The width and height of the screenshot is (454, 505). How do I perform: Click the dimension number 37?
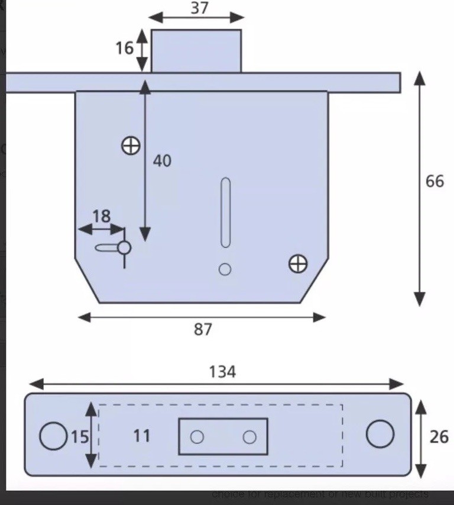click(x=200, y=8)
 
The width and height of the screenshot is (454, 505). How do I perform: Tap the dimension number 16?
click(x=125, y=47)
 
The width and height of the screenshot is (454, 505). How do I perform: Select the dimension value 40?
click(x=162, y=160)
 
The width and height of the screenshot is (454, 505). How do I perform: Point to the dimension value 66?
click(x=434, y=181)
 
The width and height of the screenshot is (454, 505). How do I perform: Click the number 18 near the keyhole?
click(x=101, y=216)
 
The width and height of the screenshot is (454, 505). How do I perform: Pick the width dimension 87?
click(x=203, y=329)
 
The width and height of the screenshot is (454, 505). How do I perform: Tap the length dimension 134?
click(x=222, y=372)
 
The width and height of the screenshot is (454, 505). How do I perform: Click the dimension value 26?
click(x=439, y=437)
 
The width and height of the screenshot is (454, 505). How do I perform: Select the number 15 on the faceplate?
click(x=80, y=437)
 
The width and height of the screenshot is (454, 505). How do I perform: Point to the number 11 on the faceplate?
click(x=141, y=436)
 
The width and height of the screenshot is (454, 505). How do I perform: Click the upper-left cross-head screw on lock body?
click(x=130, y=145)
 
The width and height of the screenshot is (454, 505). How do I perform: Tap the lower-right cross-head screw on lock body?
click(x=298, y=263)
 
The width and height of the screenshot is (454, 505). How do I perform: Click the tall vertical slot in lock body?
click(x=225, y=212)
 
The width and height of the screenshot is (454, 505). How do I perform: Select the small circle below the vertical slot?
click(x=225, y=269)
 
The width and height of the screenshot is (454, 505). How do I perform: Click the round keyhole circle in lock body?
click(x=124, y=247)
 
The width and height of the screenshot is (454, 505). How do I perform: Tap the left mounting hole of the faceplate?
click(x=53, y=436)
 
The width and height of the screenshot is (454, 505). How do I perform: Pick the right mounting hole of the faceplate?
click(x=380, y=435)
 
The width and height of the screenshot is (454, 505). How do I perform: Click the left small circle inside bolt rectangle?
click(x=197, y=437)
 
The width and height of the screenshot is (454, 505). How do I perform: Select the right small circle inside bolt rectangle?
click(x=249, y=437)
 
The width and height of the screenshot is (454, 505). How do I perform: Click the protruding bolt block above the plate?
click(x=196, y=51)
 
